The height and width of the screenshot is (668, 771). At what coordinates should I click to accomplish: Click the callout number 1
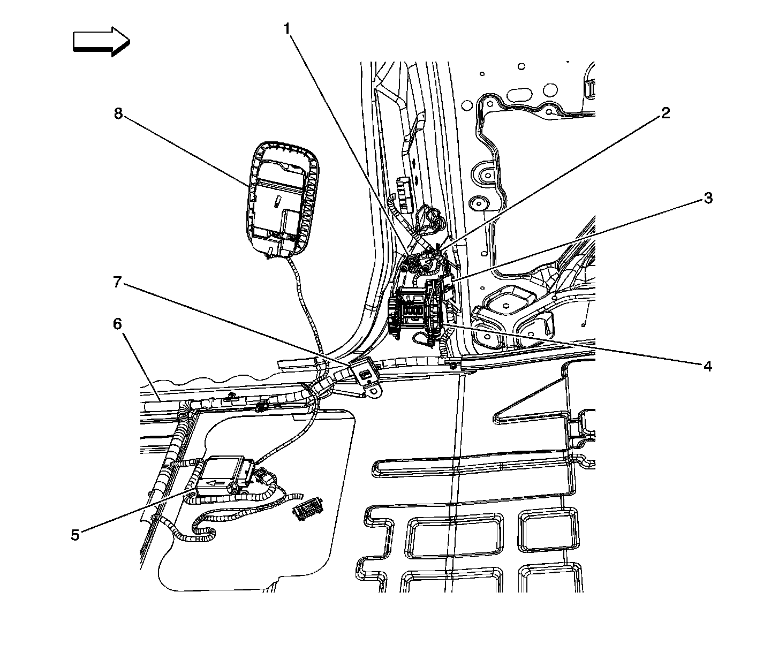pos(287,29)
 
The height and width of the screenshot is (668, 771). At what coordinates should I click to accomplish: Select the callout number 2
pos(665,113)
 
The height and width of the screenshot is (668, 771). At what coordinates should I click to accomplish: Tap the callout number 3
pos(708,198)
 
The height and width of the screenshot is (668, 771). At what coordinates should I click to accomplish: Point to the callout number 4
pos(707,366)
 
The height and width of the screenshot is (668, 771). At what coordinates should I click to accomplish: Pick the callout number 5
pos(75,535)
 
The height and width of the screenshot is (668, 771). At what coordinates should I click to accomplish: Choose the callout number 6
pos(117,324)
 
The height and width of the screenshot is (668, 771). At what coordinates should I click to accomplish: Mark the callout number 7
pos(117,282)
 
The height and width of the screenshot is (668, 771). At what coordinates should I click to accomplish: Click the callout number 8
pos(118,113)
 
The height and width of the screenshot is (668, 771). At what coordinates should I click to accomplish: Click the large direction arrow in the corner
pos(101,41)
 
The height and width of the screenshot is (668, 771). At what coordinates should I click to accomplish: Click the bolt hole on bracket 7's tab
pos(374,390)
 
